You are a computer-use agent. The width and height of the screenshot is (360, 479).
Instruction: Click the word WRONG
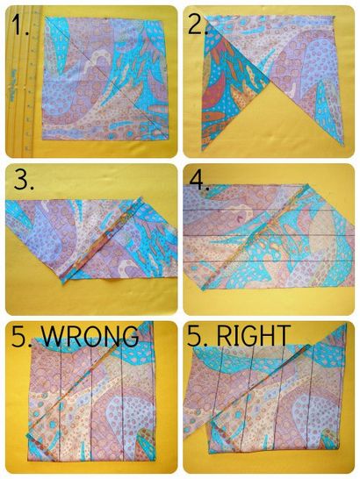[x=90, y=336]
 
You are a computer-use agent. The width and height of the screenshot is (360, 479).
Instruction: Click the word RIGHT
[x=253, y=335]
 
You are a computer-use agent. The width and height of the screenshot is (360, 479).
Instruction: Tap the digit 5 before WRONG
[x=19, y=336]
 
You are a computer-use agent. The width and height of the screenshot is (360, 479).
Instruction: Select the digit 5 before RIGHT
[x=195, y=335]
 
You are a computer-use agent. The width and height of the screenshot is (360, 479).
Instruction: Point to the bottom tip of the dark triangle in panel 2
[x=203, y=150]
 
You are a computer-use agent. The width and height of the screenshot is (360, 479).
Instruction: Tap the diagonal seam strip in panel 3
[x=102, y=240]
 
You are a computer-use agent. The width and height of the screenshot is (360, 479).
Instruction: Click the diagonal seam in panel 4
[x=254, y=237]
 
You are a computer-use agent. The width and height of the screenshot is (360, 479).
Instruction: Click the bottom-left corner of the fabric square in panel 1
[x=42, y=139]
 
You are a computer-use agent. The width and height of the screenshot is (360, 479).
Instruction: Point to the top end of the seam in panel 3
[x=141, y=198]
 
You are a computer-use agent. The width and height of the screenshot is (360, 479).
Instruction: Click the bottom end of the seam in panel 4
[x=203, y=289]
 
